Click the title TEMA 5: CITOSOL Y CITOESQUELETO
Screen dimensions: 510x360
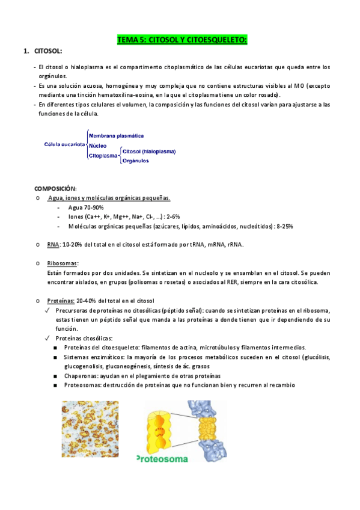click(x=182, y=40)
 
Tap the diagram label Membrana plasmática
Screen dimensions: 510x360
click(x=116, y=136)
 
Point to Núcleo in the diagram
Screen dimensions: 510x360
click(x=98, y=146)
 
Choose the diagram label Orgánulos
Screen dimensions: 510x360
click(x=135, y=161)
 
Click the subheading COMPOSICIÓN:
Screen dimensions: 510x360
click(x=55, y=188)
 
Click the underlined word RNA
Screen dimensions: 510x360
click(x=52, y=245)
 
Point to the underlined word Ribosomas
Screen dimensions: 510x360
click(x=63, y=263)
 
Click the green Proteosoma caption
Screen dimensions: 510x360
click(x=163, y=458)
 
